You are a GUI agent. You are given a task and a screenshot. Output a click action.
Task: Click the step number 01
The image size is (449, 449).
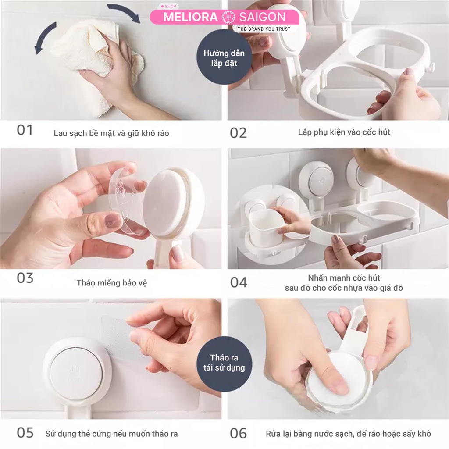(25, 130)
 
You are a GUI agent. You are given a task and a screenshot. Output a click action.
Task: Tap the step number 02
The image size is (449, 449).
(238, 133)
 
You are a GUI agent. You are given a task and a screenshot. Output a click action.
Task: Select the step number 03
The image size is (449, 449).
(25, 278)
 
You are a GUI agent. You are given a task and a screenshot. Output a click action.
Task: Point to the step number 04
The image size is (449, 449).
(239, 282)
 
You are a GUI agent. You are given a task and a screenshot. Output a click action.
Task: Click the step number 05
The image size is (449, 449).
(25, 433)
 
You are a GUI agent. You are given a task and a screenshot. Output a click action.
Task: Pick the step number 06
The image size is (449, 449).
(239, 433)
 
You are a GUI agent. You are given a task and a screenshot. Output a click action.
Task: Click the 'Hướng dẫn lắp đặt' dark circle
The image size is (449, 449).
(224, 58)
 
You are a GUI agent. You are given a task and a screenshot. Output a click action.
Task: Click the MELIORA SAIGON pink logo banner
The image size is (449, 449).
(224, 17)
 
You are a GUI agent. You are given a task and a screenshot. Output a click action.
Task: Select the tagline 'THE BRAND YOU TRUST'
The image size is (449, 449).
(264, 29)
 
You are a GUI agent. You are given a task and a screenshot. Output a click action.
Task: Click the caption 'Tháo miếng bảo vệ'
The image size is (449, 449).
(112, 283)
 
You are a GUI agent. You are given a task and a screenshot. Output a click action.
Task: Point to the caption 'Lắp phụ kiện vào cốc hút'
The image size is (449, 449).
(344, 132)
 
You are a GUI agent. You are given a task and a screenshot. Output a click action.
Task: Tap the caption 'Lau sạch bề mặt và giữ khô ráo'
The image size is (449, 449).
(111, 133)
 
